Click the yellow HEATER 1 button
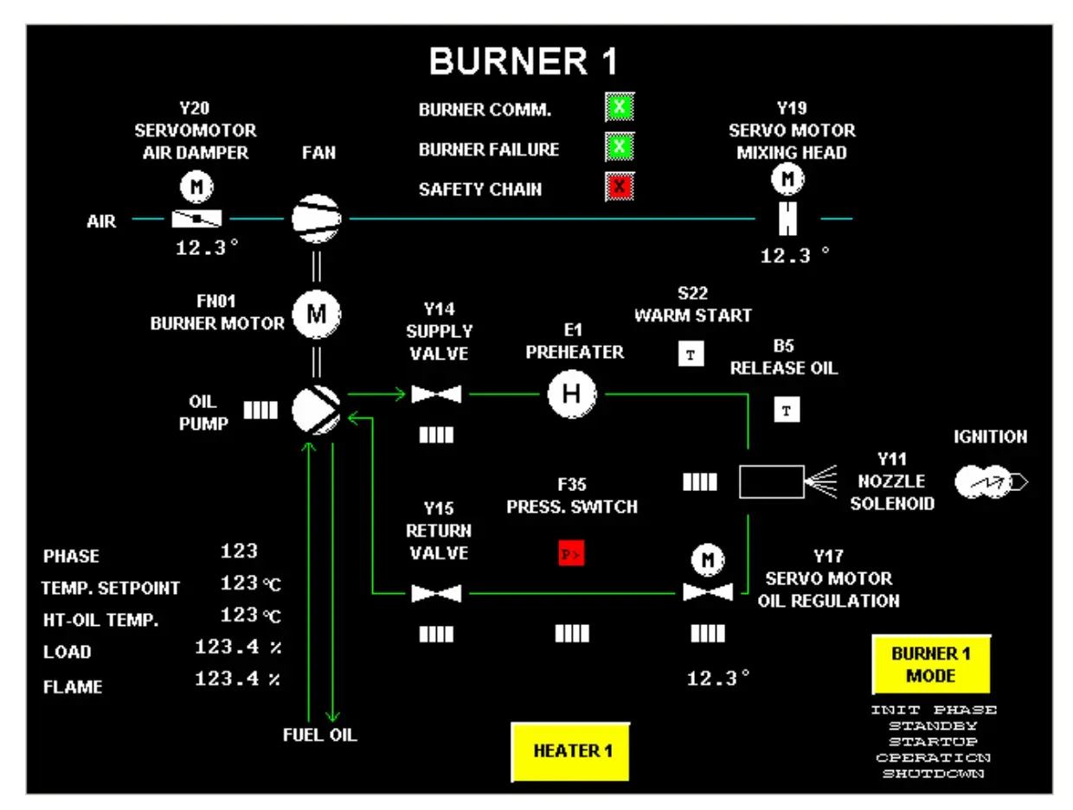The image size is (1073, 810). pyautogui.click(x=572, y=750)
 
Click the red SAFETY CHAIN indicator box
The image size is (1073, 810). pyautogui.click(x=619, y=187)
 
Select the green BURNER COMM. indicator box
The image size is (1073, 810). pyautogui.click(x=619, y=109)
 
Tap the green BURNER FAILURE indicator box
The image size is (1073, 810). pyautogui.click(x=619, y=148)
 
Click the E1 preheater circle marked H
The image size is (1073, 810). pyautogui.click(x=571, y=394)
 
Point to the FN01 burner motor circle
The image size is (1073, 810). pyautogui.click(x=317, y=316)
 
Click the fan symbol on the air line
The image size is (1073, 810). pyautogui.click(x=316, y=219)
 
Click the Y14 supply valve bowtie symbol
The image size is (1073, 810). pyautogui.click(x=436, y=395)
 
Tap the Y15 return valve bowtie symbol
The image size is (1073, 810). pyautogui.click(x=436, y=594)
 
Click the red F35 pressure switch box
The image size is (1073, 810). pyautogui.click(x=570, y=554)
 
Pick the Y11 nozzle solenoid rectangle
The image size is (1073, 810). pyautogui.click(x=770, y=482)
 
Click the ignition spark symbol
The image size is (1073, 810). pyautogui.click(x=990, y=482)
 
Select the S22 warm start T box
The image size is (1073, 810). pyautogui.click(x=691, y=354)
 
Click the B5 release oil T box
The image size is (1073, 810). pyautogui.click(x=786, y=410)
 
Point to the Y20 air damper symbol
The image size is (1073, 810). pyautogui.click(x=197, y=219)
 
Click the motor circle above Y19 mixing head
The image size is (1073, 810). pyautogui.click(x=787, y=179)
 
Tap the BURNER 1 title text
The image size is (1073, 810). pyautogui.click(x=524, y=61)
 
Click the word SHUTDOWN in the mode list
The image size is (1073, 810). pyautogui.click(x=934, y=774)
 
